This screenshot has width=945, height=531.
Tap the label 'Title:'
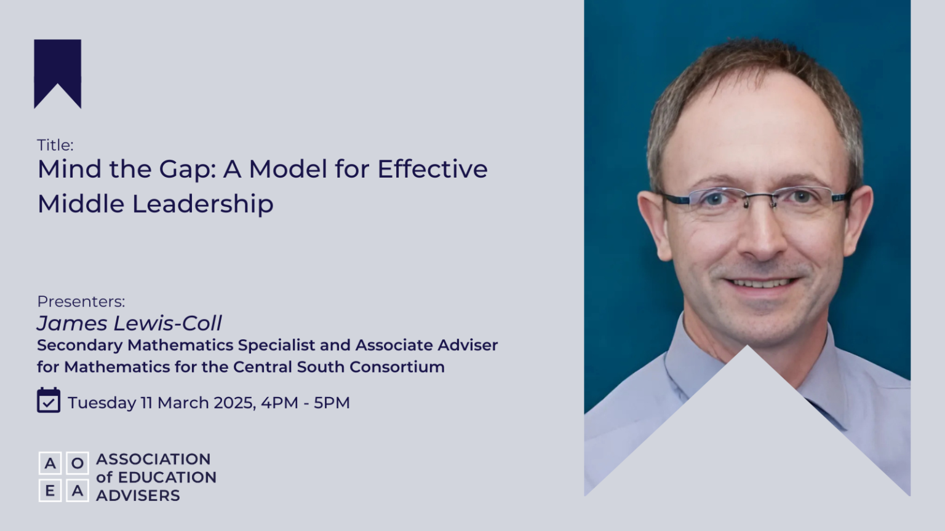coord(55,145)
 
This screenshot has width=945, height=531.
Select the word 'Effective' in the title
coord(432,169)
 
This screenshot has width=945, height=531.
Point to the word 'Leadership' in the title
coord(202,204)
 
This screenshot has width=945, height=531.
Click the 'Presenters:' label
coord(81,301)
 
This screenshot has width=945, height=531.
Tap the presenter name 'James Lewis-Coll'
coord(129,323)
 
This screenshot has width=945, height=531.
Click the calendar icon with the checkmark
coord(49,400)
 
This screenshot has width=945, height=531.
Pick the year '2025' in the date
coord(234,403)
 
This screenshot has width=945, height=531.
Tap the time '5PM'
coord(332,403)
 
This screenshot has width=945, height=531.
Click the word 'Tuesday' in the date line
coord(102,403)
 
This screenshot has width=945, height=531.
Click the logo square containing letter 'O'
coord(78,463)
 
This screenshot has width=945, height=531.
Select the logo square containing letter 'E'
coord(50,490)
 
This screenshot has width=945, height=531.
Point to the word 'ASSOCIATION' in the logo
coord(153,459)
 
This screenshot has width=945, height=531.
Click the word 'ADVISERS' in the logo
coord(138,495)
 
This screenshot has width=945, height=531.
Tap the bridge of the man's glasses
coord(758,198)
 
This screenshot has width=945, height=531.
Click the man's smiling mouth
coord(762,283)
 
